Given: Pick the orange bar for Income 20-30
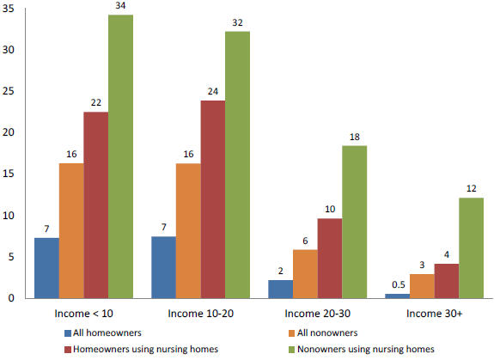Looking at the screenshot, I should tap(305, 274).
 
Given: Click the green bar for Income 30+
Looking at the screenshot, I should tap(471, 248).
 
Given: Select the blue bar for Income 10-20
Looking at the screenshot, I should tap(163, 267).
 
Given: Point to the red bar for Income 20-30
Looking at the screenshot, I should tap(330, 258).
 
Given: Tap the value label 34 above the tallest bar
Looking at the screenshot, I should tap(120, 7).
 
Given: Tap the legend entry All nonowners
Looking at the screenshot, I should tap(330, 332).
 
